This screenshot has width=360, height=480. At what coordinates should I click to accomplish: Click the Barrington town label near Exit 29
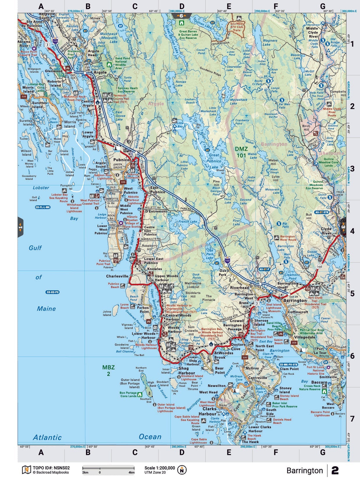coord(295,301)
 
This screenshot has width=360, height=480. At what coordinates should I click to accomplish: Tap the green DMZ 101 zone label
coord(241,152)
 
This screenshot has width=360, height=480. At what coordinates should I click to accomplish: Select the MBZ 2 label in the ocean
coord(108,371)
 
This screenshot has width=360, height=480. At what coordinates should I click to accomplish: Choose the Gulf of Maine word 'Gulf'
coord(35,248)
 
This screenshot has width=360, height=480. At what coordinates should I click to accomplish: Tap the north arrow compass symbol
coord(182,470)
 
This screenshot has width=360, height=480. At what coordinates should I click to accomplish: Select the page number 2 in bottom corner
coord(335,471)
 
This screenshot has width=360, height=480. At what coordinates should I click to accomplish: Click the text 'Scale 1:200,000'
coord(160,468)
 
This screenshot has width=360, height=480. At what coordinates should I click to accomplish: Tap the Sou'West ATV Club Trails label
coord(237,27)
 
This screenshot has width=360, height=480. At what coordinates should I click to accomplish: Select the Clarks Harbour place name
coord(208,411)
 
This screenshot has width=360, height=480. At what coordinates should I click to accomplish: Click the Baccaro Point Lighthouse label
coord(320,414)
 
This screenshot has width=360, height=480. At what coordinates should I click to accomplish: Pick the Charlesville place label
coord(117,276)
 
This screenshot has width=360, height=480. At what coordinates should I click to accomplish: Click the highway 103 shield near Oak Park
coord(227,260)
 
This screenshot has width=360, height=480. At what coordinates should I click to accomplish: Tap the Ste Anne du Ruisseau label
coord(34,24)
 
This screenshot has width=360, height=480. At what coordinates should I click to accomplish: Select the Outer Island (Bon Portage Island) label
coord(130,383)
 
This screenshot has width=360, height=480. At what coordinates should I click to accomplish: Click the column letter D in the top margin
coord(182,6)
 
